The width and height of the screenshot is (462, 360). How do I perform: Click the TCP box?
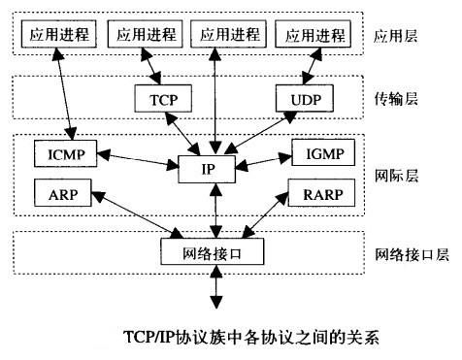coord(164,97)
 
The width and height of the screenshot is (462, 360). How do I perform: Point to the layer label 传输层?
coord(396,99)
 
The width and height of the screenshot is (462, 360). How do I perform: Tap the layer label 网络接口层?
coord(411,255)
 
